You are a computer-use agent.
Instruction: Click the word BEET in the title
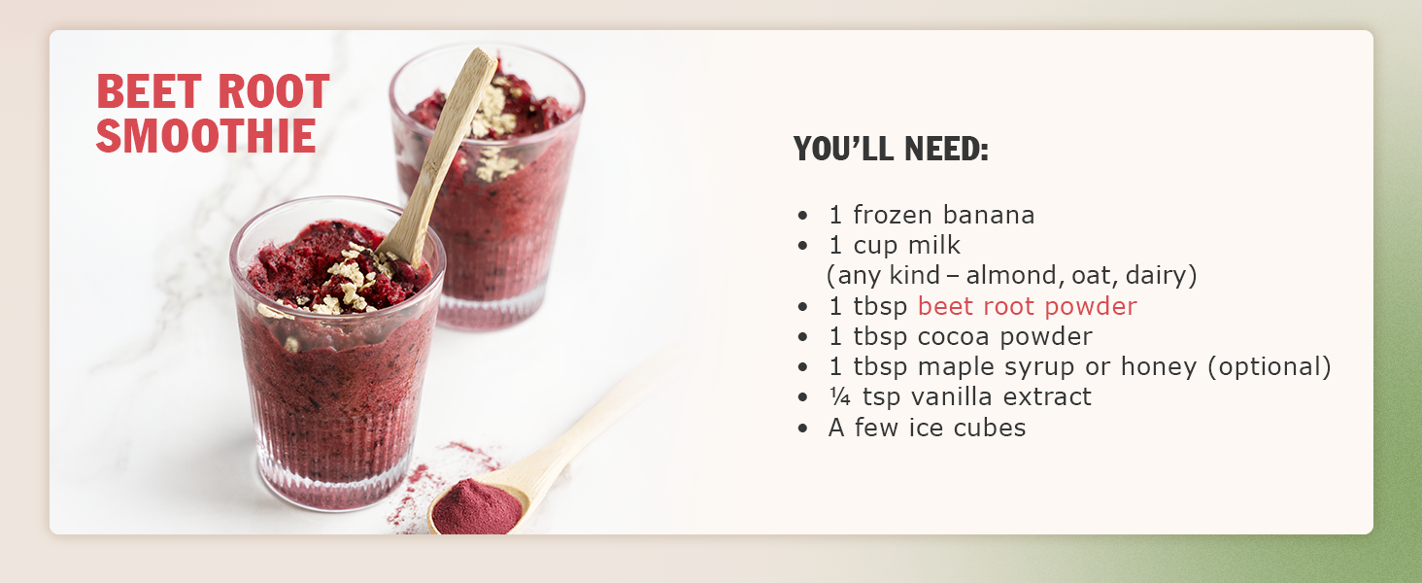click(150, 91)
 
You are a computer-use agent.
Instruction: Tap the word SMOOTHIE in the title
click(206, 136)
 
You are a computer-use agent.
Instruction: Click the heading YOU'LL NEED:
click(891, 149)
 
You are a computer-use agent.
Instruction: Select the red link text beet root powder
click(1027, 306)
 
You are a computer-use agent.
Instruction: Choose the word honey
click(1158, 367)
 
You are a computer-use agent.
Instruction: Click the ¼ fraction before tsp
click(839, 396)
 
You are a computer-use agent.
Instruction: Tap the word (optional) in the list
click(1269, 367)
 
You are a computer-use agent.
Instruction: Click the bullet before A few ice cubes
click(803, 429)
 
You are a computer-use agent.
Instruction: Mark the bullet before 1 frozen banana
click(803, 216)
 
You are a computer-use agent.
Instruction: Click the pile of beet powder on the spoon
click(477, 506)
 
